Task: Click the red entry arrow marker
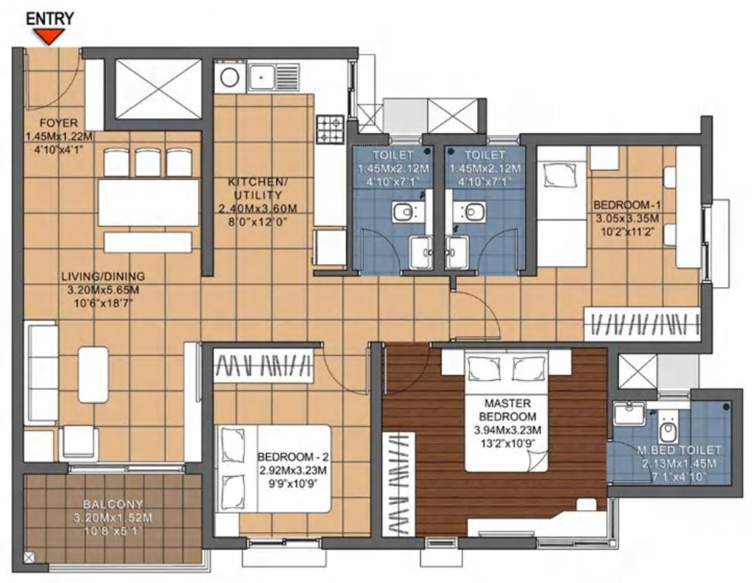(52, 36)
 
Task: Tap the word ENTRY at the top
(52, 17)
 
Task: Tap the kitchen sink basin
(263, 76)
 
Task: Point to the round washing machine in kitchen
(229, 76)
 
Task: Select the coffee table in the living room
(93, 374)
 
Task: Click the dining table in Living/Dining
(149, 203)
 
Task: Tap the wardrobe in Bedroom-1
(642, 323)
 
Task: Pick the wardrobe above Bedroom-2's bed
(263, 366)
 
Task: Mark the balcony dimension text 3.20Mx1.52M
(113, 518)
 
